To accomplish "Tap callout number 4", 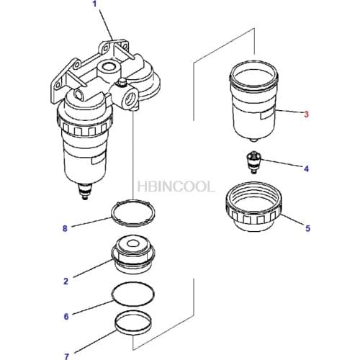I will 306,169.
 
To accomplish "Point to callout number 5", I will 307,229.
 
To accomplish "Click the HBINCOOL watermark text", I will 176,186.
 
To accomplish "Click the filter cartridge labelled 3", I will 253,101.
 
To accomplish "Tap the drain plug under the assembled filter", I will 84,192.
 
